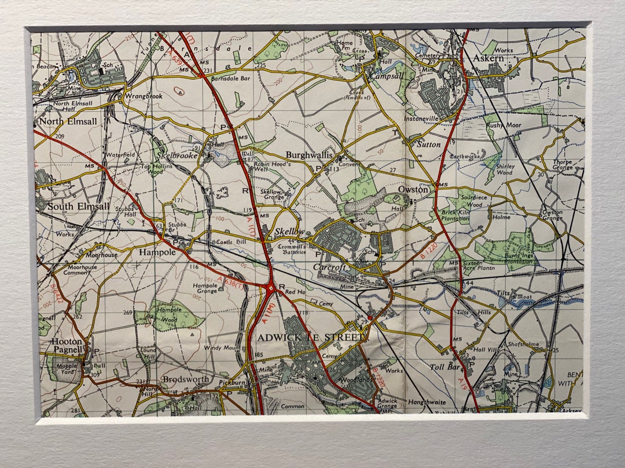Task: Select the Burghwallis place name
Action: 310,155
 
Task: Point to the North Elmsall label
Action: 64,122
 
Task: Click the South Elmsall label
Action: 78,206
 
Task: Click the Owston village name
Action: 413,190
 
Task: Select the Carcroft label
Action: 329,267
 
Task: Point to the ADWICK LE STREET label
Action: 310,337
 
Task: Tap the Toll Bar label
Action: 444,367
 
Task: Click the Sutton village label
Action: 429,144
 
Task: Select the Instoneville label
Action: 421,118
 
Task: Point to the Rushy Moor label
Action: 503,125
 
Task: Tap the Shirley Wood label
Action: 505,169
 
